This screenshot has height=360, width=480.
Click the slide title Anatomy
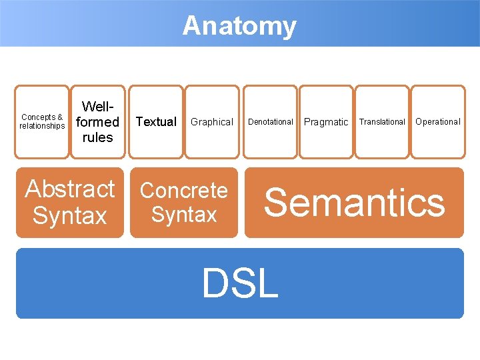(239, 26)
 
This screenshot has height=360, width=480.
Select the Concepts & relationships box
(42, 121)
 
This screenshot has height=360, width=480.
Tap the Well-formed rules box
(97, 121)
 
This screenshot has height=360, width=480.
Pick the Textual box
(156, 121)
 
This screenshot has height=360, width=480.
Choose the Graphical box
(212, 121)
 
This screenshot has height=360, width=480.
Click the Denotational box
(271, 121)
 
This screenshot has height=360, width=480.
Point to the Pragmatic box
(326, 121)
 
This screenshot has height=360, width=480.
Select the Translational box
(382, 121)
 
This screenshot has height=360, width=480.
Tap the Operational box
(438, 121)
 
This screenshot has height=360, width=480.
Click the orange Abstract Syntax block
(70, 202)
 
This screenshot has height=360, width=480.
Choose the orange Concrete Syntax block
(184, 202)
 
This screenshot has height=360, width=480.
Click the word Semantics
(354, 202)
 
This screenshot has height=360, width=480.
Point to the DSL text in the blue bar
(240, 283)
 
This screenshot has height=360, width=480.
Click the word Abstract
(70, 189)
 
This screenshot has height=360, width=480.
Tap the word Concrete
(184, 190)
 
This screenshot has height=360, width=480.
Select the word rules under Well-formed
(97, 137)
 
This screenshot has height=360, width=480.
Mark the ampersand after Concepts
(60, 117)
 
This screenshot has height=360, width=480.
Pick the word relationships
(42, 126)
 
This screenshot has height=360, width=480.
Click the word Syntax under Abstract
(70, 216)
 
